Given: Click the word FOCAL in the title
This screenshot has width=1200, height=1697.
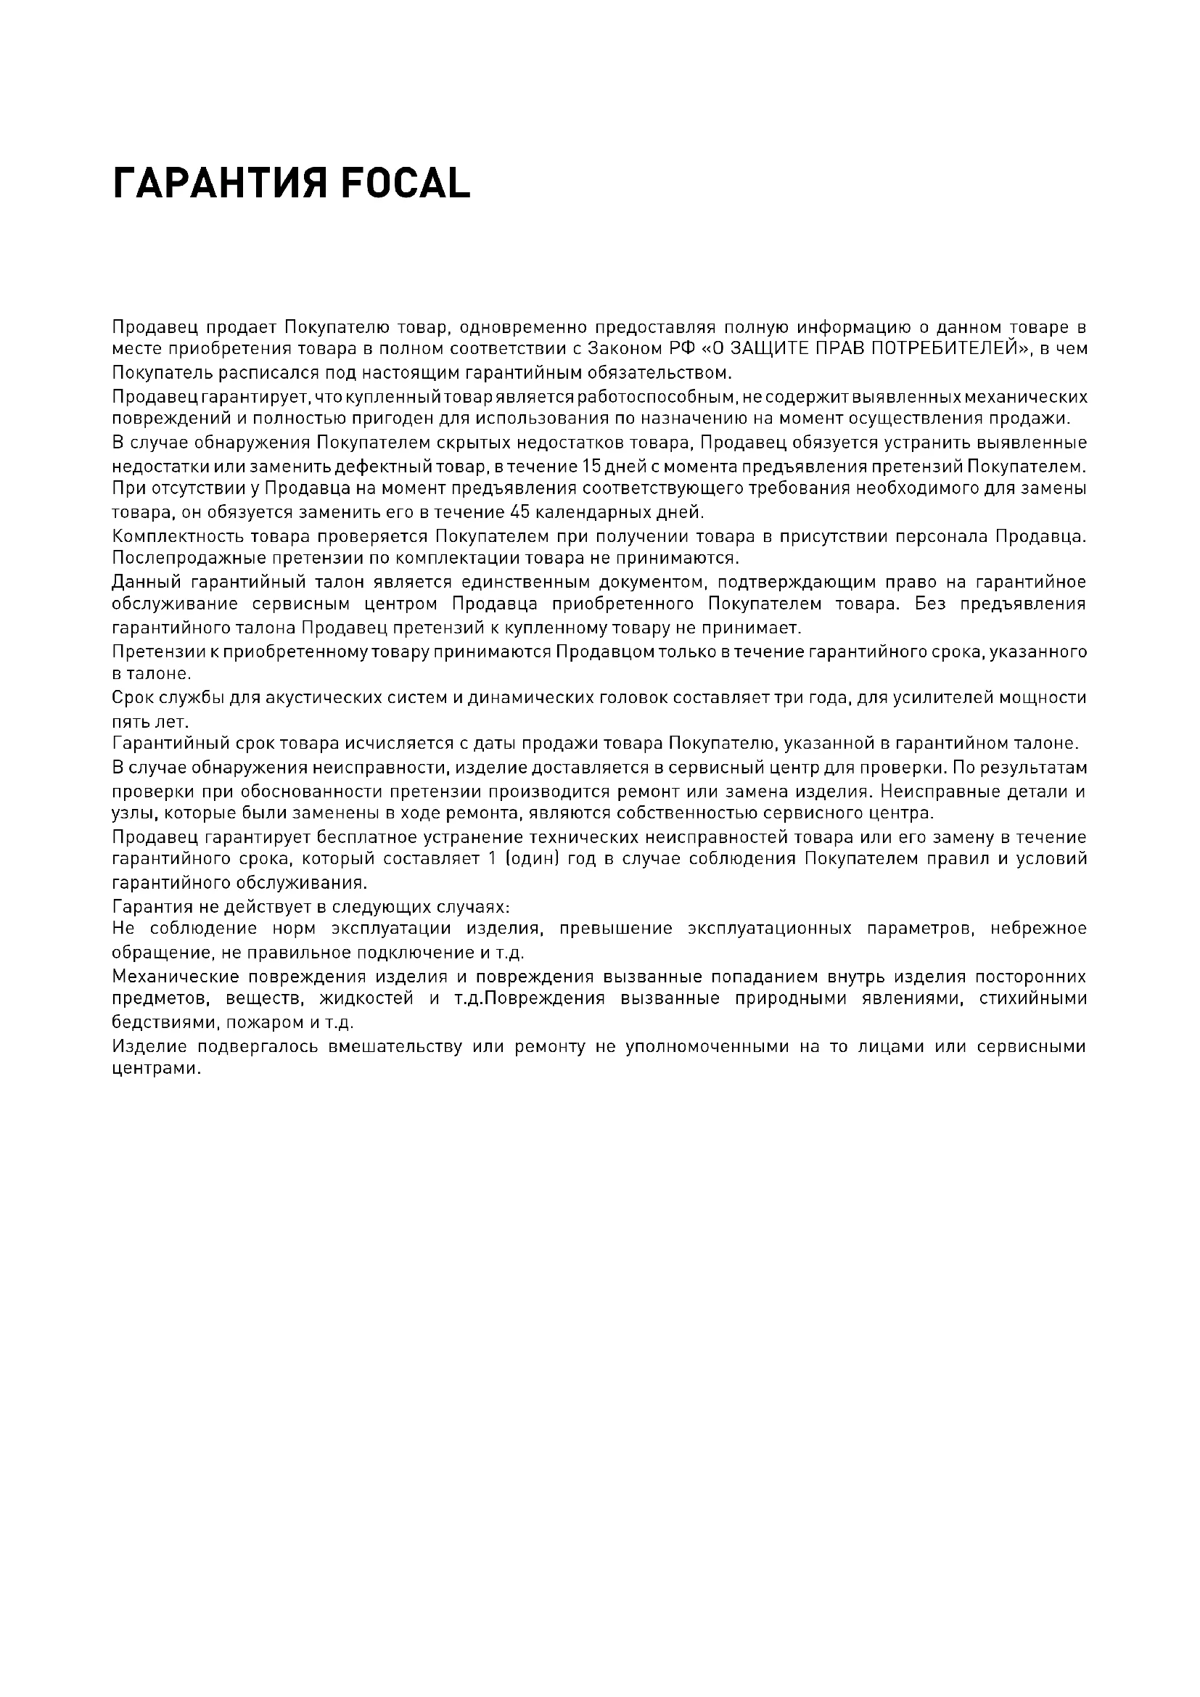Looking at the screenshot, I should point(405,184).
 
